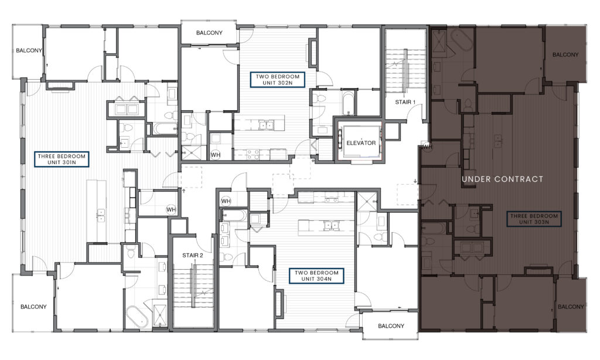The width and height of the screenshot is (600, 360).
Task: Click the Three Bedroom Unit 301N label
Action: click(x=62, y=159)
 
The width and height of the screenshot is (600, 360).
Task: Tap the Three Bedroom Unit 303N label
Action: click(x=534, y=219)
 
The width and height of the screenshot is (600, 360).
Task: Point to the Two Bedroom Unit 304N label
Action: click(x=316, y=276)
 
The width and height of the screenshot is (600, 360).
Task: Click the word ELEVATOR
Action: click(x=361, y=143)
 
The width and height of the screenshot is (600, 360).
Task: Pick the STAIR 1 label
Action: click(x=405, y=102)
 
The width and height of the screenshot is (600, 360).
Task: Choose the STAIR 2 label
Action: click(x=192, y=256)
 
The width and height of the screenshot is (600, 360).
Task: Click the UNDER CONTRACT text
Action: click(x=502, y=179)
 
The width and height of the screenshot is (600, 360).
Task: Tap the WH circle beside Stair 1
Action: click(x=427, y=147)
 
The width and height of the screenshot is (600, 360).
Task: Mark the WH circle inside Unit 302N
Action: click(x=216, y=155)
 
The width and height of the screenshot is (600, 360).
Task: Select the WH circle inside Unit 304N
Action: click(x=226, y=201)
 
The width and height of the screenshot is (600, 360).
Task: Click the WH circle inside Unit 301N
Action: click(x=171, y=209)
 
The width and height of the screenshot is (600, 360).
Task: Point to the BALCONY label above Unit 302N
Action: click(x=209, y=33)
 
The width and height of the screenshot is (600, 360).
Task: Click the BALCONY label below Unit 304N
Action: click(x=391, y=326)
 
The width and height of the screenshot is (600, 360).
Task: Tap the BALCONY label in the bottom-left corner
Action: click(x=33, y=307)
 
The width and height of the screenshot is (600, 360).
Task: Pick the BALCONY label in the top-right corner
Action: click(x=565, y=55)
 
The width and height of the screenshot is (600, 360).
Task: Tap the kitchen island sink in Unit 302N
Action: click(x=265, y=125)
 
